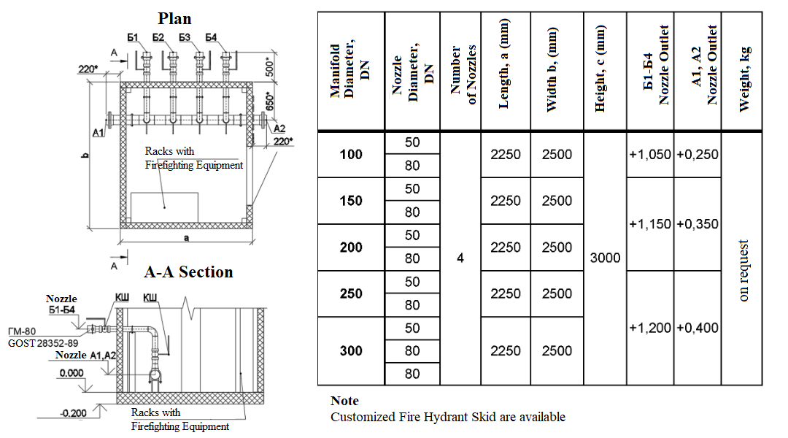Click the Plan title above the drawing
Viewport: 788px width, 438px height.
click(174, 18)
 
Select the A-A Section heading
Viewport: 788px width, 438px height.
click(188, 272)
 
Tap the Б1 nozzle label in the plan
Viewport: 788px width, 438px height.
click(133, 38)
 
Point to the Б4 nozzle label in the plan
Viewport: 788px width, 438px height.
click(211, 38)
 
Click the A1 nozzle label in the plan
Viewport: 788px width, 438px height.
click(98, 133)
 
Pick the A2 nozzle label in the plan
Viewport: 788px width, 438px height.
click(279, 128)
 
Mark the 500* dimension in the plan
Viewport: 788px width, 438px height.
click(271, 67)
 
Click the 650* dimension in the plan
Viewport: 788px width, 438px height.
click(270, 101)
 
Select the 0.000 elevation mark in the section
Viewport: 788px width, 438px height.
click(72, 373)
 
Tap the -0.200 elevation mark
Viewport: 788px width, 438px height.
click(74, 413)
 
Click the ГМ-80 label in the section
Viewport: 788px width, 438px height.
click(22, 331)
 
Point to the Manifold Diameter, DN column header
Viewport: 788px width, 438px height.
click(349, 70)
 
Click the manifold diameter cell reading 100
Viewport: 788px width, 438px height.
click(351, 154)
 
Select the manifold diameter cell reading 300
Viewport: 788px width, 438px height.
click(351, 350)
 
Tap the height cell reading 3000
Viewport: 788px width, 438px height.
click(605, 258)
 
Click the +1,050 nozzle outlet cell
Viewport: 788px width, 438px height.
click(650, 154)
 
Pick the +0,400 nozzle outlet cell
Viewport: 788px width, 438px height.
click(698, 328)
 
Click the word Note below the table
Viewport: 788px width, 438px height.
click(344, 401)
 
